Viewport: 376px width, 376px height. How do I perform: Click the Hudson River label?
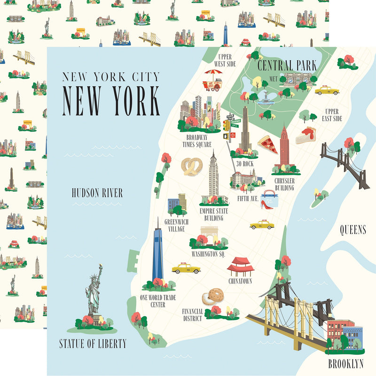97,193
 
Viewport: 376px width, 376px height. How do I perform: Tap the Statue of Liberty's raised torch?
100,267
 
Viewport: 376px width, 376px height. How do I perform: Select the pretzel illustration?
192,166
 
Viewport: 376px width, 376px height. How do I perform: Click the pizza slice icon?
267,143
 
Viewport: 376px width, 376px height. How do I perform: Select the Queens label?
353,230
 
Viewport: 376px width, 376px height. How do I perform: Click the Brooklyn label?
346,363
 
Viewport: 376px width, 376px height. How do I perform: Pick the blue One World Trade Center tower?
157,256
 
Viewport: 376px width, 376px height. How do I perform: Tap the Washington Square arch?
209,234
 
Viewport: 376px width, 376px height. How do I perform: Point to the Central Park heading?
287,65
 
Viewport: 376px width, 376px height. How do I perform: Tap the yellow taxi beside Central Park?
327,90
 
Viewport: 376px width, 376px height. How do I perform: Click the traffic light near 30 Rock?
227,125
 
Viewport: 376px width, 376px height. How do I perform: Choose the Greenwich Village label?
174,225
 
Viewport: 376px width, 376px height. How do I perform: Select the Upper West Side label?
224,60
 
